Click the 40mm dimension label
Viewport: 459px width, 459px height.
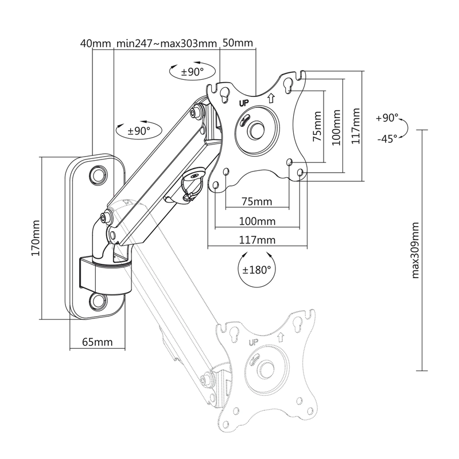[96, 44]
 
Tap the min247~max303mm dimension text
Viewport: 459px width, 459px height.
[166, 44]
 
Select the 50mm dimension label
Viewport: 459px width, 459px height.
[238, 42]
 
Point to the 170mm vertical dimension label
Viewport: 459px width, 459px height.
[36, 238]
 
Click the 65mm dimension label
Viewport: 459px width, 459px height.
[97, 341]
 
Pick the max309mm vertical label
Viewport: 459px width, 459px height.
[415, 250]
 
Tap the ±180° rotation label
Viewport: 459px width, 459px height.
[256, 270]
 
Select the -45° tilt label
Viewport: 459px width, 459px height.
[387, 138]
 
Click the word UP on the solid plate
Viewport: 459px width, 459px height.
[244, 103]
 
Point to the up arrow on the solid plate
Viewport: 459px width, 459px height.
[271, 98]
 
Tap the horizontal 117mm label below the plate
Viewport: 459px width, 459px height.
[257, 240]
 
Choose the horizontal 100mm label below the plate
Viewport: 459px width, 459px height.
[257, 221]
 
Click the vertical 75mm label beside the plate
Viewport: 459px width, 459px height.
[317, 126]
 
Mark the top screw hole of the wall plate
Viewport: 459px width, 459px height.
[98, 175]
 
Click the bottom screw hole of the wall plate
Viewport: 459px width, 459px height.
[98, 301]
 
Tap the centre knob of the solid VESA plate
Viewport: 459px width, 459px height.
[256, 129]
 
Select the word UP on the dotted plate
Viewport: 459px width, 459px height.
[254, 342]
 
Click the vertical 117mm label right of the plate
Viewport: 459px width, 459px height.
[356, 126]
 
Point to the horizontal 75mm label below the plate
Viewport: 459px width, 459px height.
[256, 202]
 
